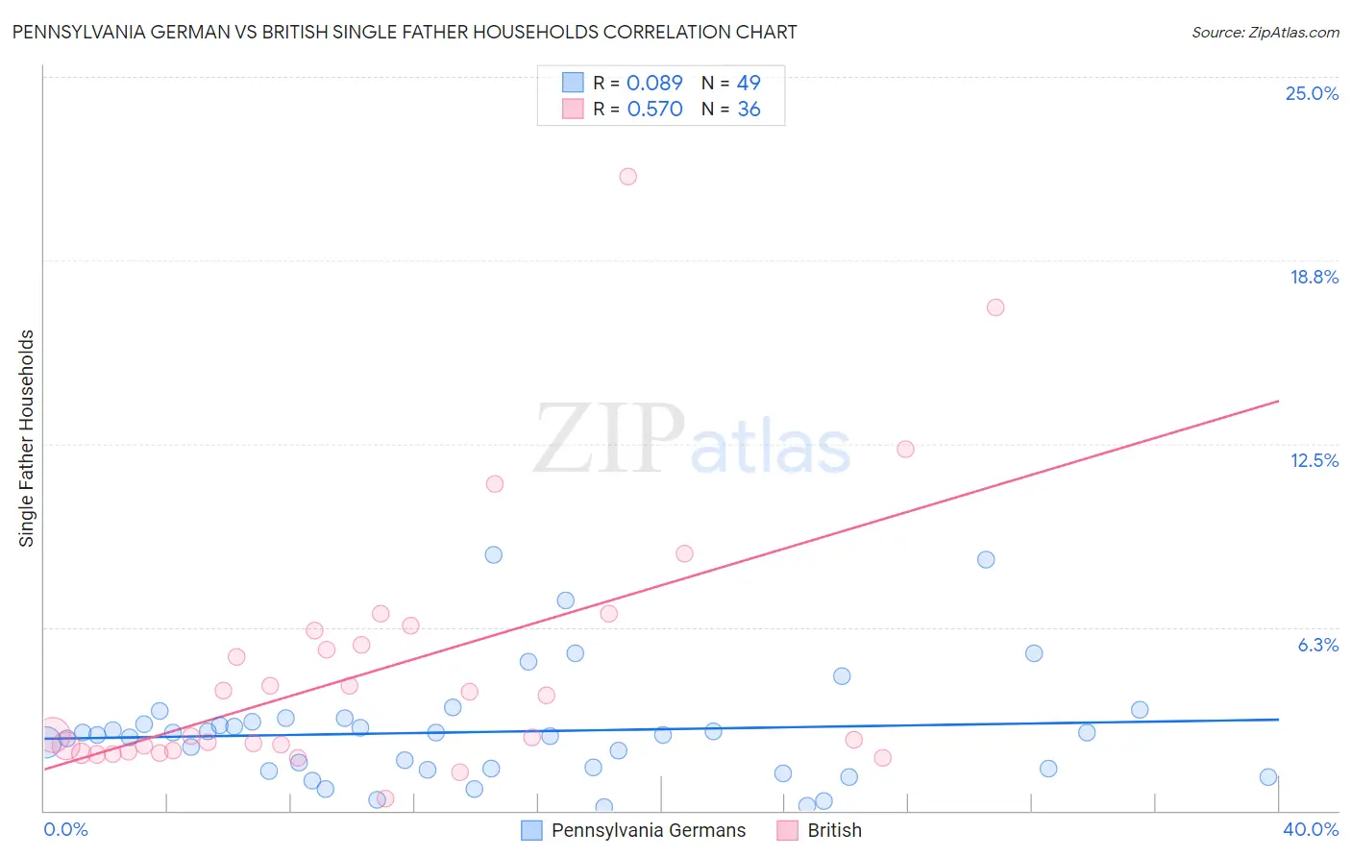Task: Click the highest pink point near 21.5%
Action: pyautogui.click(x=627, y=176)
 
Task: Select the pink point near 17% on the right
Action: pyautogui.click(x=995, y=307)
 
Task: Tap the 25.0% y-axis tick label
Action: pyautogui.click(x=1312, y=93)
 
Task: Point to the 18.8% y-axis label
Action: pyautogui.click(x=1314, y=277)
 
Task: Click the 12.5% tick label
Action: pyautogui.click(x=1314, y=460)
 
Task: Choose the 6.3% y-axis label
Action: pyautogui.click(x=1317, y=645)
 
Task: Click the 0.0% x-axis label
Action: pyautogui.click(x=65, y=829)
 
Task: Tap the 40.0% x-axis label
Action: pyautogui.click(x=1310, y=829)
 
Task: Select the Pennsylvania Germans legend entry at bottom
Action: pyautogui.click(x=648, y=830)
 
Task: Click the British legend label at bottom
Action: pyautogui.click(x=834, y=830)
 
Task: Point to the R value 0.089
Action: pyautogui.click(x=654, y=83)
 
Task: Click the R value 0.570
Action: pyautogui.click(x=654, y=109)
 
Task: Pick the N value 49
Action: pyautogui.click(x=749, y=83)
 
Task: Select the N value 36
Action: pyautogui.click(x=749, y=109)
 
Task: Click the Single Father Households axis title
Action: pyautogui.click(x=26, y=438)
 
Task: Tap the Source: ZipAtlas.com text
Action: pyautogui.click(x=1265, y=32)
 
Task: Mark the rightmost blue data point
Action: pyautogui.click(x=1268, y=777)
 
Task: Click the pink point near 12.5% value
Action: pyautogui.click(x=905, y=449)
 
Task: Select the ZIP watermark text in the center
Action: pyautogui.click(x=609, y=439)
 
